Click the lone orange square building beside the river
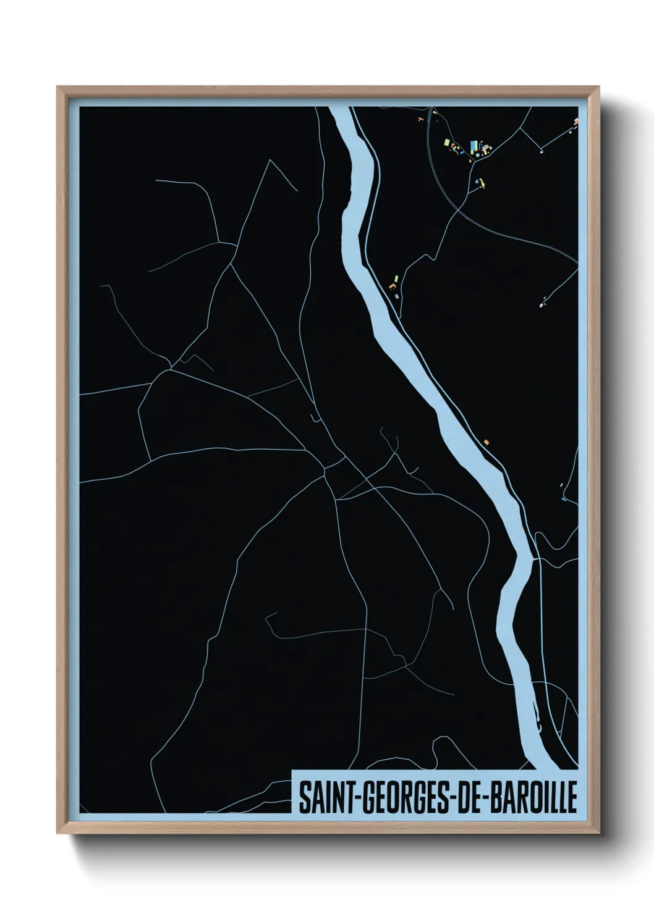click(x=487, y=442)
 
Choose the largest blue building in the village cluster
click(x=474, y=146)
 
